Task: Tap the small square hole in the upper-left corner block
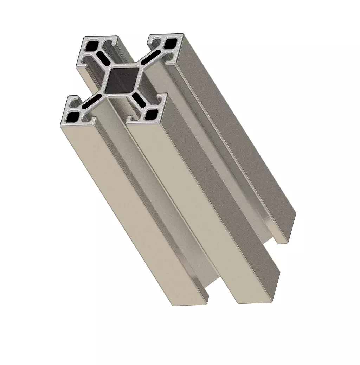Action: tap(93, 45)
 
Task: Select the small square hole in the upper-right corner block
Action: tap(171, 43)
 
